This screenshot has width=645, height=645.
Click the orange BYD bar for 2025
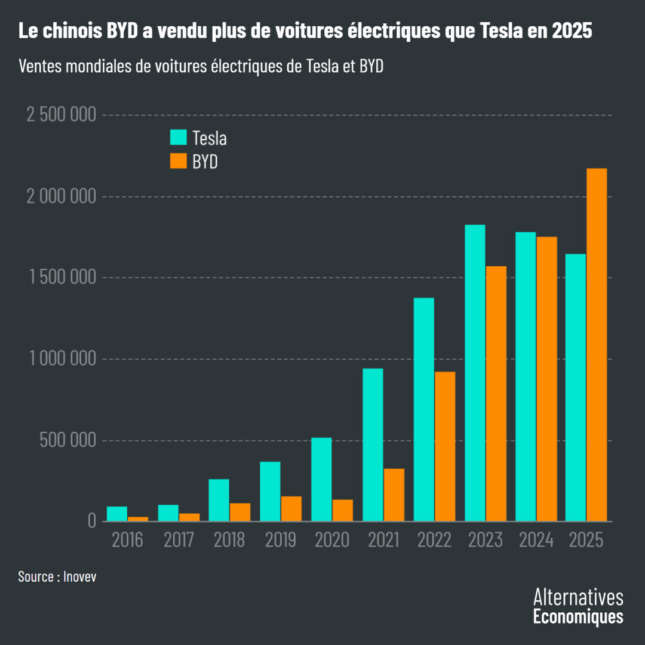pos(597,345)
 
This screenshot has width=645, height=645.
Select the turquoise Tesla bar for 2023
pos(475,373)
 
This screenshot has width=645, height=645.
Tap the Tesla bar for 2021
pos(373,445)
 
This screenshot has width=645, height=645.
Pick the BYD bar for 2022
pos(445,446)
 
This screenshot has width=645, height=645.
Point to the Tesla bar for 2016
pos(117,514)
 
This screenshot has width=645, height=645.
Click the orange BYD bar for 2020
pos(343,510)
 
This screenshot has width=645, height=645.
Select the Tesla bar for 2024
pos(526,376)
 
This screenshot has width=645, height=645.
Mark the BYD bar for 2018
pos(240,512)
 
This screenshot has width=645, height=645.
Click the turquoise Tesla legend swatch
pos(179,137)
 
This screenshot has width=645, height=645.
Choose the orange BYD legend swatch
pos(179,161)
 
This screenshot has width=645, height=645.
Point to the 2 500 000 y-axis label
pos(62,115)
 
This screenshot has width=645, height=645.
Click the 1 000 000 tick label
pos(62,359)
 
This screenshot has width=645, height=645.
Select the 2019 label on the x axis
pos(281,540)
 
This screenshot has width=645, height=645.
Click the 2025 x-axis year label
pos(587,540)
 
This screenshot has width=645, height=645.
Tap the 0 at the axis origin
pos(91,521)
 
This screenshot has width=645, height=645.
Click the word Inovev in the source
pos(80,577)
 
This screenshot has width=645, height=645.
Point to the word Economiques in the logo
pos(578,616)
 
